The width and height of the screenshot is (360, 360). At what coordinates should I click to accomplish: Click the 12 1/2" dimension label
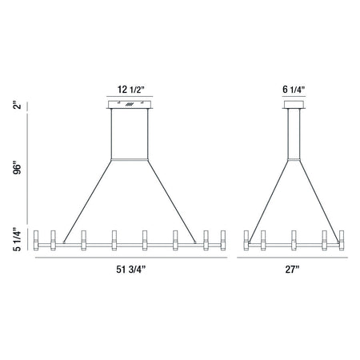(130, 90)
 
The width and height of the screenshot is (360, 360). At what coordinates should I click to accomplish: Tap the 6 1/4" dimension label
(294, 90)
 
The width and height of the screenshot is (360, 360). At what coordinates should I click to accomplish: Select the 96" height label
(17, 167)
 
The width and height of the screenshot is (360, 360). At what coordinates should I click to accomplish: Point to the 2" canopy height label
(17, 105)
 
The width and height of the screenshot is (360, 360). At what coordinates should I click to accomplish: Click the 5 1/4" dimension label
(17, 239)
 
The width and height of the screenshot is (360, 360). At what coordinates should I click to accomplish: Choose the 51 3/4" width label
(130, 270)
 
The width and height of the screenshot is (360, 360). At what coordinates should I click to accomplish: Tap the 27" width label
(292, 270)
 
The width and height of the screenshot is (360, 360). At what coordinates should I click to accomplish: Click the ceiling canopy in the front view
(130, 105)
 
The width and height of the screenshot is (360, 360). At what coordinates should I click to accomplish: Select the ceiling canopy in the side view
(294, 105)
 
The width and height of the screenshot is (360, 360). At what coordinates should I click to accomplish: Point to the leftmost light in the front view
(36, 240)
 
